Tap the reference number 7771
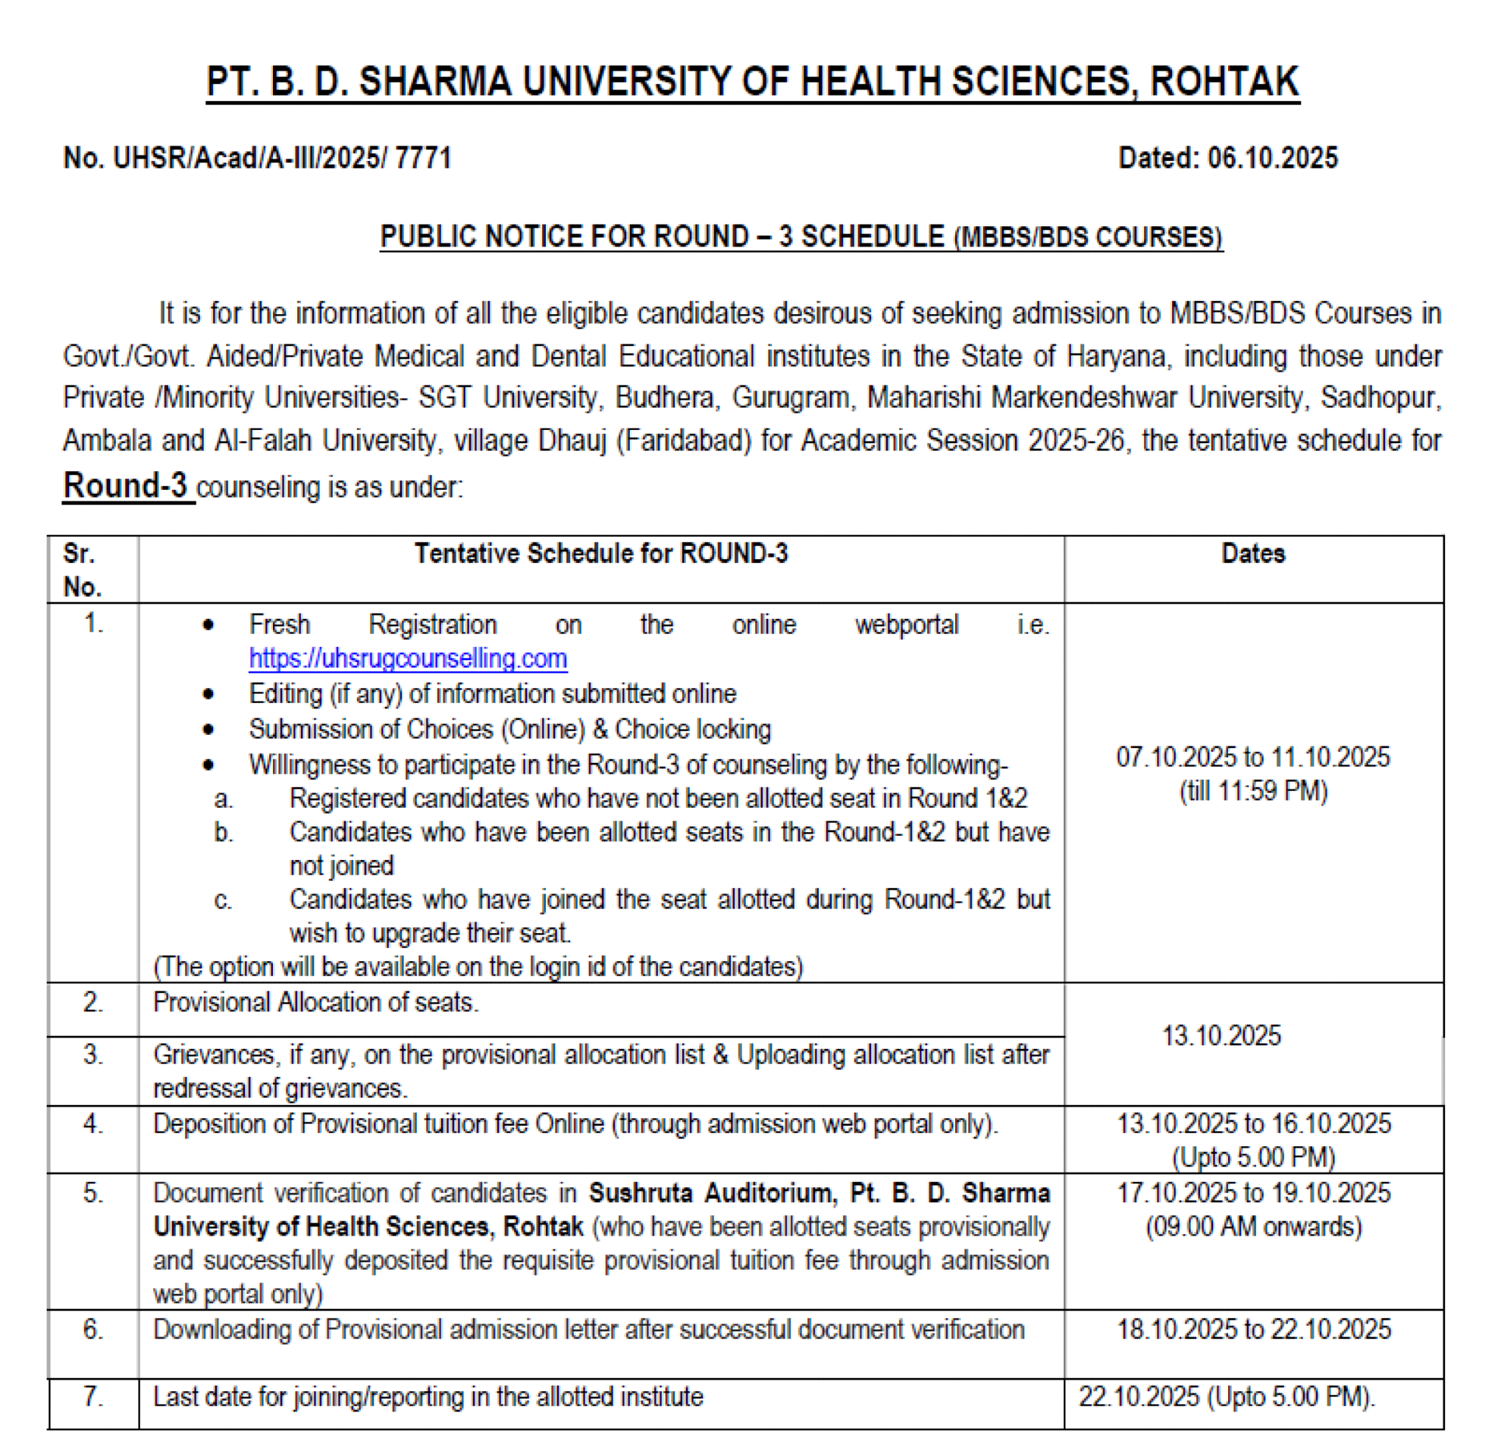click(423, 158)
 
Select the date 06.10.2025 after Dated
click(1272, 158)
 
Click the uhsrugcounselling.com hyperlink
click(408, 659)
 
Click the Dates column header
click(1253, 554)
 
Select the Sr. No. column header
click(83, 570)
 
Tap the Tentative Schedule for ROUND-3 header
click(601, 554)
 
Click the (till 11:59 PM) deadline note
click(1253, 791)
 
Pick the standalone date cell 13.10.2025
click(1221, 1036)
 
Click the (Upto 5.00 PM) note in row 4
click(1253, 1157)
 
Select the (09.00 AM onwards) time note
click(1253, 1226)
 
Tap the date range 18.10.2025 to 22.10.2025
click(1253, 1329)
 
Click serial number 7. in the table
click(92, 1396)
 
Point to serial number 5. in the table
click(92, 1193)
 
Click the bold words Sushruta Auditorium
click(709, 1193)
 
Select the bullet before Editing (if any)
click(208, 695)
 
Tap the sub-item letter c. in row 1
click(223, 900)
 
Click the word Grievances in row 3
click(214, 1055)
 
